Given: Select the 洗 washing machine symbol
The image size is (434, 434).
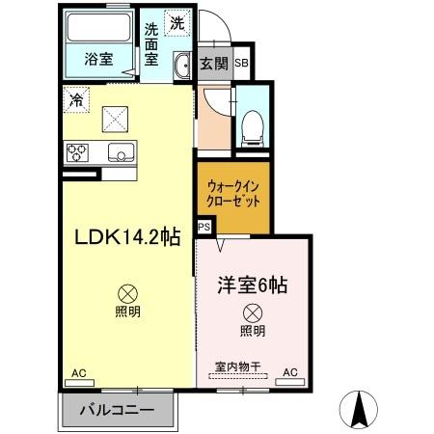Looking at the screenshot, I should pos(177,22).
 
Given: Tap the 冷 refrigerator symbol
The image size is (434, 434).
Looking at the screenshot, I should pos(75,97).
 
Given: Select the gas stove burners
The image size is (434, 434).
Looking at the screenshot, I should pos(78,151).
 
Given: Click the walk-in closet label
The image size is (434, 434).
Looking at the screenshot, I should pos(232,193).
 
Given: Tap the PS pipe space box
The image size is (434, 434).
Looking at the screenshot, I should pos(203,227).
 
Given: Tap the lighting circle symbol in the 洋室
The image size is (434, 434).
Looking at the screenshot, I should pos(252,312).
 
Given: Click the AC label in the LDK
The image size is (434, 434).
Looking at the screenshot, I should pos(79,372).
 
